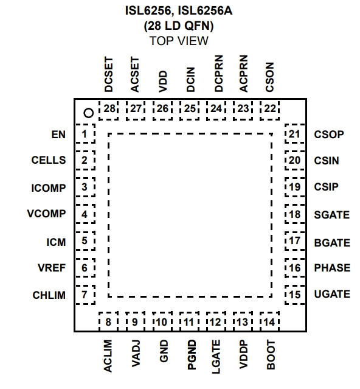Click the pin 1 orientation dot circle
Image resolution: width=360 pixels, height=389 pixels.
(x=89, y=113)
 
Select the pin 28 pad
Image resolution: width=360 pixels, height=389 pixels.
(x=108, y=110)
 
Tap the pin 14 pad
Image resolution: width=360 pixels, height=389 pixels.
(x=269, y=321)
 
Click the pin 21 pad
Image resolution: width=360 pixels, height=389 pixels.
(x=295, y=134)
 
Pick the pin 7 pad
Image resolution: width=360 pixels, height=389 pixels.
(x=85, y=295)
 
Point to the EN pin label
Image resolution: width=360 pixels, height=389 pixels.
(x=58, y=135)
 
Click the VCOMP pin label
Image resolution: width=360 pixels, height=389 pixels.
(x=47, y=214)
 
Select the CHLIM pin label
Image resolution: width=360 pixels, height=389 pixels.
(x=49, y=295)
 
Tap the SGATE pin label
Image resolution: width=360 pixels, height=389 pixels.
(x=332, y=215)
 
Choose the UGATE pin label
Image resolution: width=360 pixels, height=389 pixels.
(x=332, y=294)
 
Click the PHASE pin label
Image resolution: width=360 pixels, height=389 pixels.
(x=332, y=268)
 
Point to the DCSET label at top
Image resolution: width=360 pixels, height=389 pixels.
(x=108, y=74)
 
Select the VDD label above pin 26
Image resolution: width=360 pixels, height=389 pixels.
(x=163, y=82)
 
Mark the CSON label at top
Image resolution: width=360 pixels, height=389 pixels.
(x=269, y=77)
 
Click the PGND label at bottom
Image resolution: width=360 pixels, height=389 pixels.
(x=192, y=355)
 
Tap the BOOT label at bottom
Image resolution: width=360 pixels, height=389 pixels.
(x=271, y=355)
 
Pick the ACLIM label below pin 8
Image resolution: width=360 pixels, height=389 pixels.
(x=108, y=356)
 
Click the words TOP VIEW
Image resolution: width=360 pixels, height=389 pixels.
(x=179, y=41)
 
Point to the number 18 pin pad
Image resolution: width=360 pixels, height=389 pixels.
(x=295, y=214)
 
